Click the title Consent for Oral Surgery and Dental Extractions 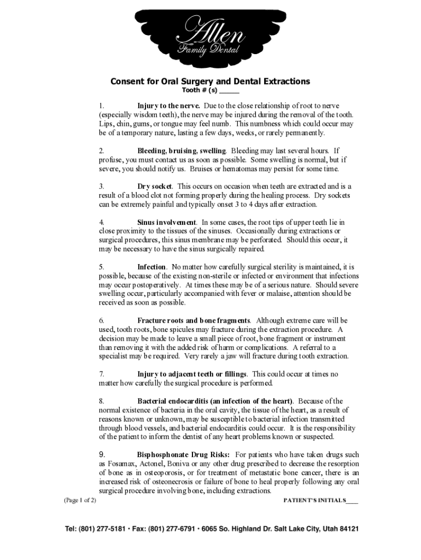coord(210,81)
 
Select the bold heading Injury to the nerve coord(168,106)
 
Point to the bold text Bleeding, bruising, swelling coord(182,150)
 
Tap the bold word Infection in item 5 coord(151,267)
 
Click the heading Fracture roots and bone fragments coord(194,320)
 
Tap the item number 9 coord(102,454)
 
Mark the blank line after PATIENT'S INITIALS coord(352,500)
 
